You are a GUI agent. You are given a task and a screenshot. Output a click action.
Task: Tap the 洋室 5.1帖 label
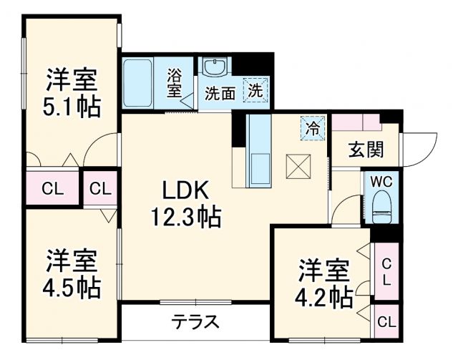[x=72, y=92]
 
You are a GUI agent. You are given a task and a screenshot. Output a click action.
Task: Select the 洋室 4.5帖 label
[x=72, y=274]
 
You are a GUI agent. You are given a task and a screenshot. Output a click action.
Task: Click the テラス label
[x=195, y=321]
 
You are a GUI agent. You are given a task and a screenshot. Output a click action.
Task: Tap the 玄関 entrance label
[x=366, y=149]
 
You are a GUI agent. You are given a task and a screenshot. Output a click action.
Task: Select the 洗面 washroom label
[x=220, y=93]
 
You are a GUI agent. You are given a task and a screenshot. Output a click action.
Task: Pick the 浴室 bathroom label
[x=175, y=84]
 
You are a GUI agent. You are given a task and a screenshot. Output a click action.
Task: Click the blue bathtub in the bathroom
[x=137, y=83]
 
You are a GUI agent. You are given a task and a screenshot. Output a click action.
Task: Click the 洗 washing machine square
[x=255, y=91]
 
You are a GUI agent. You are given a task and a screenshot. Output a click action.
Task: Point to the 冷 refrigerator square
[x=313, y=130]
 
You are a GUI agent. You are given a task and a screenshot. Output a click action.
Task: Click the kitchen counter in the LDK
[x=258, y=150]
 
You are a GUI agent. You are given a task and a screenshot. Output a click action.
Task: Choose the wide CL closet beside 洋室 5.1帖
[x=51, y=190]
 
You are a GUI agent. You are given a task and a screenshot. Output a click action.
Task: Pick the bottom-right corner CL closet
[x=386, y=321]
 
